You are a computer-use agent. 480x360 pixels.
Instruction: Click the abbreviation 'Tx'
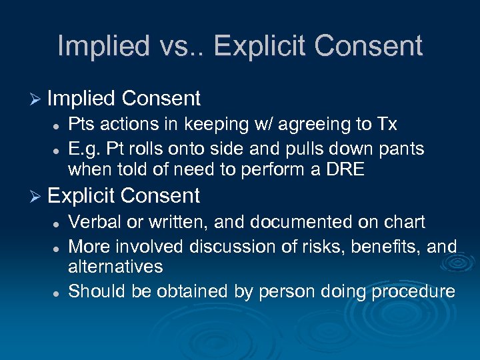(386, 125)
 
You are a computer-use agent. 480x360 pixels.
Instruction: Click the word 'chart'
(403, 221)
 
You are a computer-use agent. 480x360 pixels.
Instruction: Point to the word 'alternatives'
(115, 267)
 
